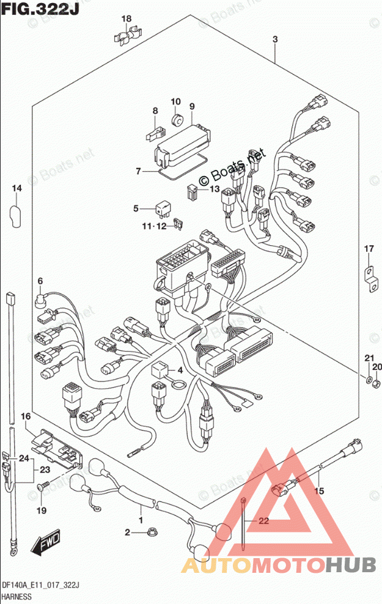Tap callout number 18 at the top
pyautogui.click(x=125, y=20)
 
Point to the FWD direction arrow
pyautogui.click(x=45, y=543)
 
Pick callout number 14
pyautogui.click(x=16, y=189)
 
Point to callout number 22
pyautogui.click(x=263, y=521)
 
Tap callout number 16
pyautogui.click(x=25, y=416)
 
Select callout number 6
pyautogui.click(x=40, y=281)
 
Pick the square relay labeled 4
pyautogui.click(x=160, y=370)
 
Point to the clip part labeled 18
pyautogui.click(x=126, y=38)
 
